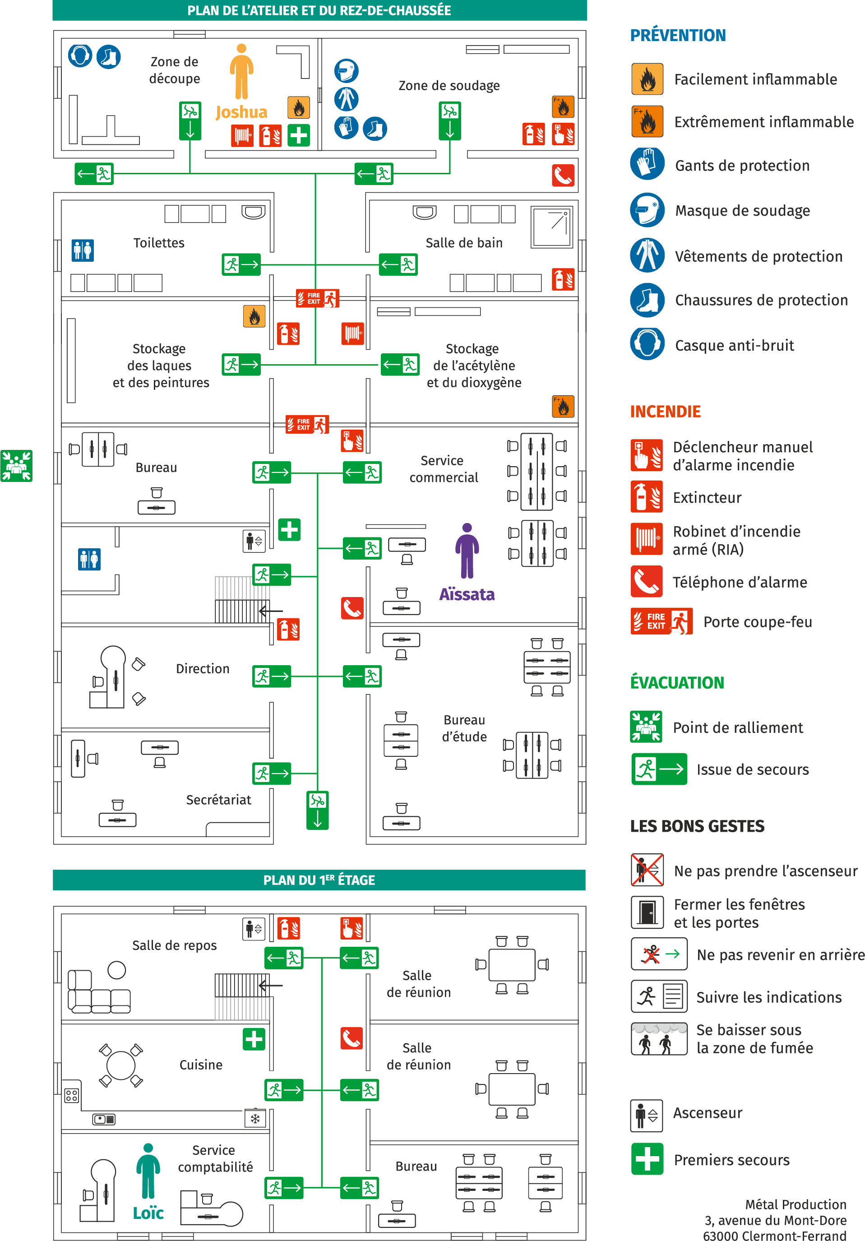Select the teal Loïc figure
(x=148, y=1171)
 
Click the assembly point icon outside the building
(x=16, y=465)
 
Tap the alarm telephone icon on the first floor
(x=352, y=1038)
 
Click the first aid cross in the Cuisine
(x=254, y=1039)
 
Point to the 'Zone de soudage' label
(x=449, y=85)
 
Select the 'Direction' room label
(x=203, y=669)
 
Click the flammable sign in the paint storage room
(x=254, y=317)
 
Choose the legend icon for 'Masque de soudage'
(x=647, y=210)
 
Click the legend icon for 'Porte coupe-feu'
(x=662, y=621)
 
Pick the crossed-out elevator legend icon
(x=647, y=870)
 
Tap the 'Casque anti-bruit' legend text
(x=734, y=345)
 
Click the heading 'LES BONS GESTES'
(x=697, y=826)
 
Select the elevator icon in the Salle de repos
(x=254, y=929)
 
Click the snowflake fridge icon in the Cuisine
(x=255, y=1118)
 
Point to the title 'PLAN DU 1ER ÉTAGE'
(x=319, y=880)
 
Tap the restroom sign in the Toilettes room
(x=83, y=250)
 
